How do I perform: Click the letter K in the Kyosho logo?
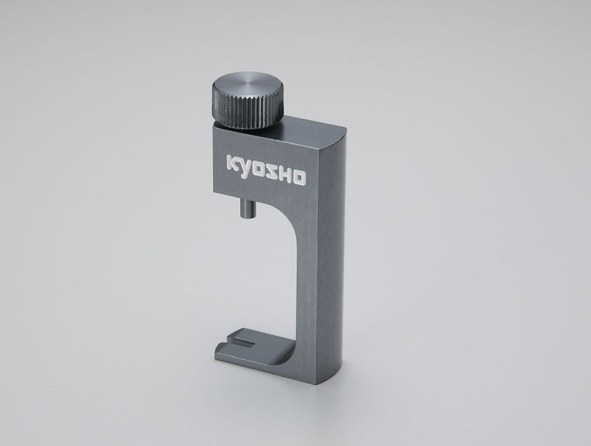[233, 163]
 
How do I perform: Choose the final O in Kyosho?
[299, 179]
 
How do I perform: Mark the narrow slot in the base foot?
[245, 342]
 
